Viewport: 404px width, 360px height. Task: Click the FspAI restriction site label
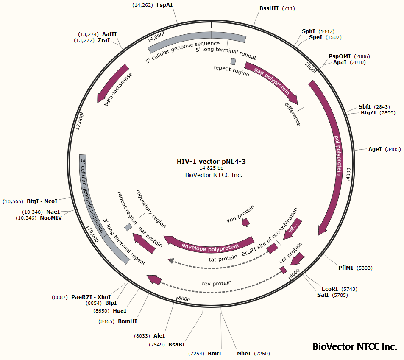click(x=167, y=5)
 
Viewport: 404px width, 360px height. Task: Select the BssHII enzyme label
click(x=269, y=8)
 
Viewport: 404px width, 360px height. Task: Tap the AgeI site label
click(x=375, y=149)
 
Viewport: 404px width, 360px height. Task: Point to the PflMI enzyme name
click(x=346, y=268)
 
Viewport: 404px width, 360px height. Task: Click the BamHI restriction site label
click(x=127, y=321)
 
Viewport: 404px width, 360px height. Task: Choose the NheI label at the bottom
click(x=244, y=353)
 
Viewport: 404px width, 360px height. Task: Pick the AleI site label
click(x=159, y=335)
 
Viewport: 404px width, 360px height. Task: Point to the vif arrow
click(x=293, y=228)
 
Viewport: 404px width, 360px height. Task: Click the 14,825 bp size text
click(x=211, y=168)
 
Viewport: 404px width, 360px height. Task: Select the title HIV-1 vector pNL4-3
click(x=211, y=162)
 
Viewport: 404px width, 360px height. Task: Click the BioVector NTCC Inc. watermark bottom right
click(x=354, y=346)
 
